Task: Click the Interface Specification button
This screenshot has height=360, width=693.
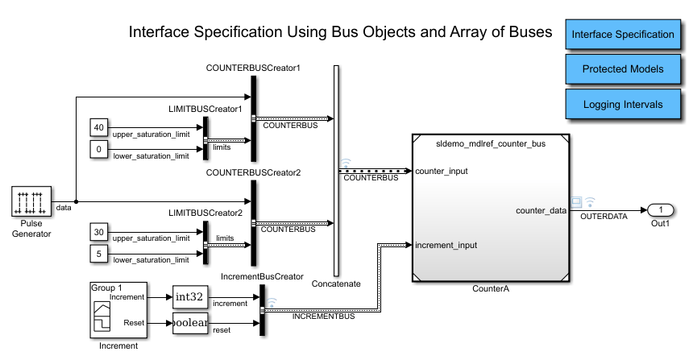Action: click(x=621, y=35)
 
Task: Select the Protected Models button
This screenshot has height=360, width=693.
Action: click(x=621, y=69)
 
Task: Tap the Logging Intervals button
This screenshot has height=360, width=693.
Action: click(x=621, y=104)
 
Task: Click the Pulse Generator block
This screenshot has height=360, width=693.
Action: click(x=31, y=201)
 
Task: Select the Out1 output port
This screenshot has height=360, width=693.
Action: click(x=660, y=210)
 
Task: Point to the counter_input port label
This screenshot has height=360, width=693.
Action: click(x=442, y=171)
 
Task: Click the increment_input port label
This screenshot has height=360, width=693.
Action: click(x=446, y=244)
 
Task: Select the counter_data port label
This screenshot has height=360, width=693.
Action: click(x=542, y=210)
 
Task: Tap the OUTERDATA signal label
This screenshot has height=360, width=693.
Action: click(x=603, y=217)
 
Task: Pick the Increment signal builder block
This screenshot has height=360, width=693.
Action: click(x=116, y=310)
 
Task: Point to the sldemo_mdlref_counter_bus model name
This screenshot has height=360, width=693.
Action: click(x=491, y=143)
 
